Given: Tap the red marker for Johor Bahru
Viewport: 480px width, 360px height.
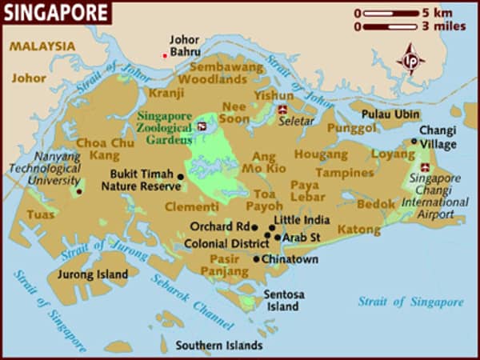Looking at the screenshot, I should point(166,55).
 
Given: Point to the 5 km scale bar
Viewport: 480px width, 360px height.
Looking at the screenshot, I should point(392,14).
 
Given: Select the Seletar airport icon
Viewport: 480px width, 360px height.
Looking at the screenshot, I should point(282,109).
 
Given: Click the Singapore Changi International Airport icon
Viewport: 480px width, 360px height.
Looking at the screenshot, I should point(424,169).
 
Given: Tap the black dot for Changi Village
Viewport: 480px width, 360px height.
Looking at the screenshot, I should point(414,142).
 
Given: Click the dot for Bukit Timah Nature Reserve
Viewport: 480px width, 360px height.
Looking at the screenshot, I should point(181,177).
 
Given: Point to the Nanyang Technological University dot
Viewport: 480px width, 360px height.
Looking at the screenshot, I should point(79,192).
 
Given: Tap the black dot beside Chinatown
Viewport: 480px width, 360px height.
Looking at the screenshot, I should point(256,259).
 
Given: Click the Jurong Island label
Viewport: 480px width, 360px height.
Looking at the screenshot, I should point(92,274).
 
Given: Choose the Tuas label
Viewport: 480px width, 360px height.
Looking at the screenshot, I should point(41,214).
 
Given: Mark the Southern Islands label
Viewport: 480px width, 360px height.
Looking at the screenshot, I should point(219,346).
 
